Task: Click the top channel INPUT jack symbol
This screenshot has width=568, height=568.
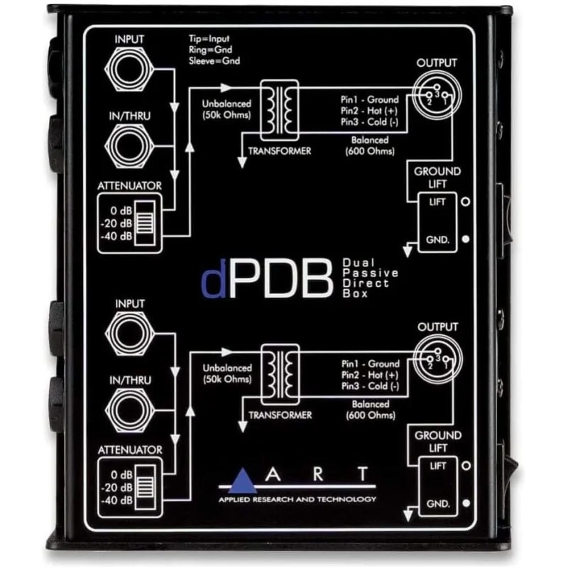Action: (x=129, y=68)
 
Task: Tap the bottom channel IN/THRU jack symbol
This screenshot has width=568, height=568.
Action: (x=130, y=410)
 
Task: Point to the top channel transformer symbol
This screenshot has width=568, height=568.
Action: (x=280, y=111)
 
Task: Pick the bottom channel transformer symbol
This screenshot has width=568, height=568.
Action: (x=280, y=375)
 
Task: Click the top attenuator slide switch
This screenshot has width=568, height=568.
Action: (x=145, y=223)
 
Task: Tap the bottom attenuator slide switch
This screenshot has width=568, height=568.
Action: (x=146, y=487)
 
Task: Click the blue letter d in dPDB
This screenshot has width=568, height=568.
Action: (x=214, y=278)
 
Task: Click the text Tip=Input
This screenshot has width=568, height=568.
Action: (x=209, y=39)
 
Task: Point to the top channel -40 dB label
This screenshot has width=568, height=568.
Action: (x=116, y=236)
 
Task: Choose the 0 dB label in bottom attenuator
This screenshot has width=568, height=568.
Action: (x=121, y=474)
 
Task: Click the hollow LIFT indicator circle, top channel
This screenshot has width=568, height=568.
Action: (x=466, y=202)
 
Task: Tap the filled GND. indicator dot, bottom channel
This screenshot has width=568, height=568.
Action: (x=466, y=503)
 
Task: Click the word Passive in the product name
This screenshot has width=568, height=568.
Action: (x=370, y=273)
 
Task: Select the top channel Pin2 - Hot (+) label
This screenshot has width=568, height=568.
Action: (x=369, y=111)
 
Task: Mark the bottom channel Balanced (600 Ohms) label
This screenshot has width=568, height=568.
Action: (x=371, y=410)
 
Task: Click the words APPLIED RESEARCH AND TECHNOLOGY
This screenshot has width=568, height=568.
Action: (x=297, y=500)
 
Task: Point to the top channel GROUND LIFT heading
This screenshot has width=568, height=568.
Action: (x=437, y=177)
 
